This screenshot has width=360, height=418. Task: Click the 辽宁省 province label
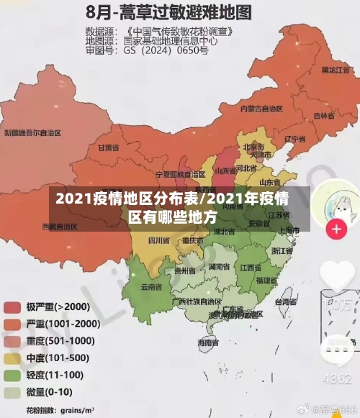(296, 138)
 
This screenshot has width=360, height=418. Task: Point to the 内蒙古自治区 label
(261, 109)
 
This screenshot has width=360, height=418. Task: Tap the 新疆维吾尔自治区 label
(32, 132)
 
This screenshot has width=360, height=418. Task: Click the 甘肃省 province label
(107, 147)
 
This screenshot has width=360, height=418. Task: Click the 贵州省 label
(186, 271)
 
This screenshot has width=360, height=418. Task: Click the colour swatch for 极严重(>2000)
(12, 306)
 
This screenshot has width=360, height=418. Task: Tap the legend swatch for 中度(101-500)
(12, 358)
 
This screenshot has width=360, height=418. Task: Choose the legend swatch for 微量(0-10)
(12, 392)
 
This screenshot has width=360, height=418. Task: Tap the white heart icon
(337, 276)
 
